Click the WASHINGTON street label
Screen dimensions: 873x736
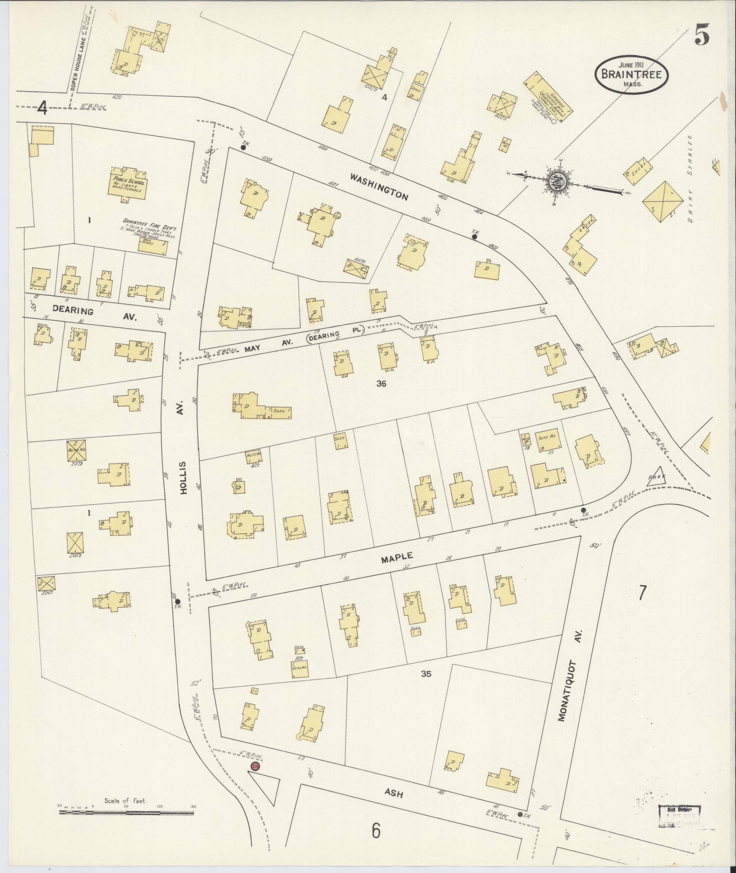click(x=378, y=187)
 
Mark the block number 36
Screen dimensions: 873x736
click(x=381, y=384)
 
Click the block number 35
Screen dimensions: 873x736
click(x=426, y=673)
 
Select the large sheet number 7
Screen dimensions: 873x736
click(x=642, y=592)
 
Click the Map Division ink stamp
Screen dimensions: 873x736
click(x=679, y=816)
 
